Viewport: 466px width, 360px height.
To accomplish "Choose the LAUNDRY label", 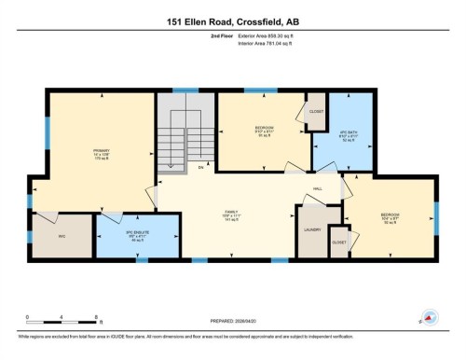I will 312,228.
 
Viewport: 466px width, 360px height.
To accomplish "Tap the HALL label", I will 317,188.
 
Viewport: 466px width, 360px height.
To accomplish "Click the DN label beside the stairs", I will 199,169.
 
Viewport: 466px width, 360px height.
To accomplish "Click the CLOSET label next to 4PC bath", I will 316,108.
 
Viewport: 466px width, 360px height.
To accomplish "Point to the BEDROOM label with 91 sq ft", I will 264,129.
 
